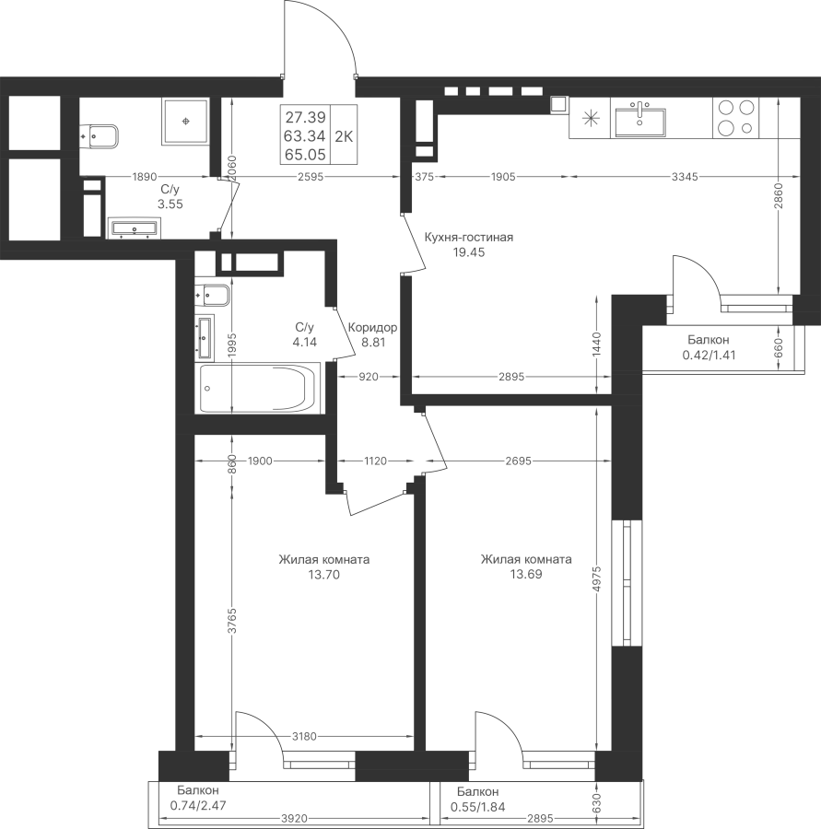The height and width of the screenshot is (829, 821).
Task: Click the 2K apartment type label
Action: pyautogui.click(x=344, y=136)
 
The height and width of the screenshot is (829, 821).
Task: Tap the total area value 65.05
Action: pyautogui.click(x=305, y=155)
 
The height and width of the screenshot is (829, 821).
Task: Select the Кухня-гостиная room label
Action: pyautogui.click(x=469, y=238)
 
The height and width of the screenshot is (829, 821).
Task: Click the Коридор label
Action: pyautogui.click(x=372, y=328)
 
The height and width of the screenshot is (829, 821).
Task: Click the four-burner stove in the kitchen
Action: pyautogui.click(x=736, y=117)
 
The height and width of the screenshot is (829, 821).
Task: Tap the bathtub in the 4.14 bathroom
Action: pyautogui.click(x=257, y=388)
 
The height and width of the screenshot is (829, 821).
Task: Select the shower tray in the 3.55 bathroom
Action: pyautogui.click(x=185, y=121)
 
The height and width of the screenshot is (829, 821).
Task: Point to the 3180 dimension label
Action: pyautogui.click(x=304, y=736)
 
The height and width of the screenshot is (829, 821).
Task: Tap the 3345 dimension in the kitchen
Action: pyautogui.click(x=685, y=177)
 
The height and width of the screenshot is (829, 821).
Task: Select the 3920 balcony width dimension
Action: pyautogui.click(x=294, y=819)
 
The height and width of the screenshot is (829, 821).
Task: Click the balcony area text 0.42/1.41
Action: pyautogui.click(x=709, y=356)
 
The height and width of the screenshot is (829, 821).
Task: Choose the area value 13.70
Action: pyautogui.click(x=323, y=574)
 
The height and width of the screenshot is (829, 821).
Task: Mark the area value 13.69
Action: pyautogui.click(x=526, y=574)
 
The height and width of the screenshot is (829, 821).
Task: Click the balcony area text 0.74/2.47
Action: pyautogui.click(x=197, y=806)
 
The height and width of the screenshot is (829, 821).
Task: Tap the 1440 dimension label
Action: pyautogui.click(x=597, y=344)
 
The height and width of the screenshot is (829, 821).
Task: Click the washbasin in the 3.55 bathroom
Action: pyautogui.click(x=135, y=228)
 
